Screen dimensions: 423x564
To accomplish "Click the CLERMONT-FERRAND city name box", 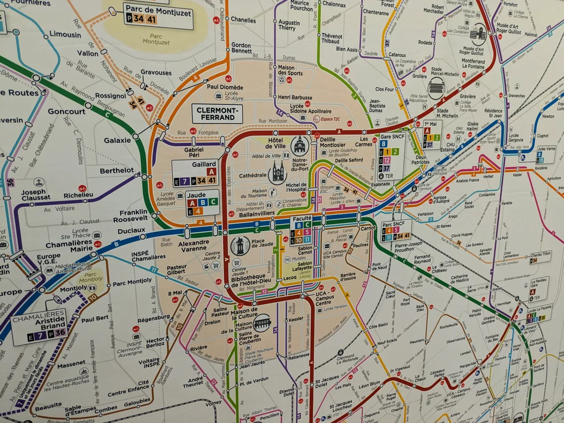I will point(217,114).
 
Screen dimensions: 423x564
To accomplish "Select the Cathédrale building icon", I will point(277,172).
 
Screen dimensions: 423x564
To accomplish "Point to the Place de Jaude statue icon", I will point(240,246).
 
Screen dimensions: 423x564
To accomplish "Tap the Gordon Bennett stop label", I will point(242,47).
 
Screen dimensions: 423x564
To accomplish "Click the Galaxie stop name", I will point(117,140).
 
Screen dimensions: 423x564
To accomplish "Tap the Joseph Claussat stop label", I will point(33,194).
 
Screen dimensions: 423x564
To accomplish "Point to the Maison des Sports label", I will point(290,70).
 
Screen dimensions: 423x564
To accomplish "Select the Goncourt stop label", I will point(66,112).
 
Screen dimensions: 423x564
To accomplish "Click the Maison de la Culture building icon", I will point(262,322).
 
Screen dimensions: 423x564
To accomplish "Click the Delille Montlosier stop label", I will point(332,142).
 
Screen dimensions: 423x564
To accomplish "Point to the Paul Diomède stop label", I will point(225,87).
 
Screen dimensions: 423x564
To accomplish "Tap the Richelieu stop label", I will point(78,194).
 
